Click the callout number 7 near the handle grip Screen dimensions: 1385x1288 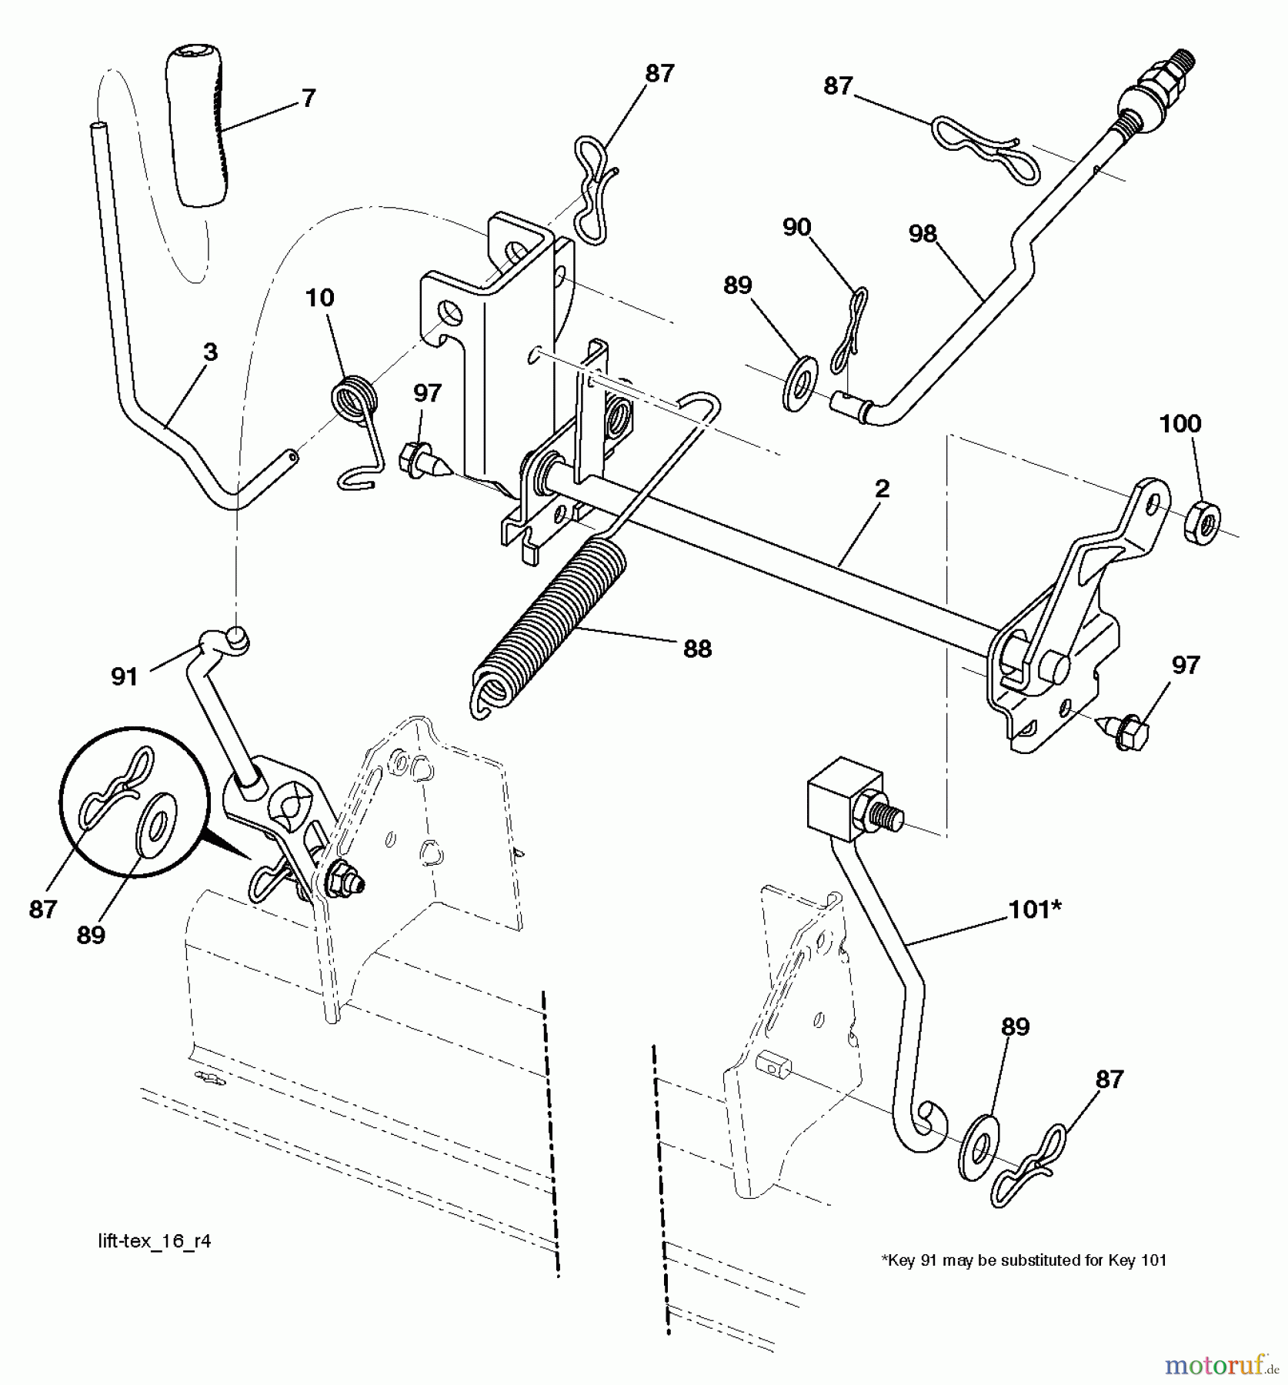pos(308,98)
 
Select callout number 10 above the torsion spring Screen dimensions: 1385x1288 pos(320,298)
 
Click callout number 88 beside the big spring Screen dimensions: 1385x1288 pos(697,649)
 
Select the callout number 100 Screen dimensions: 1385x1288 pos(1180,423)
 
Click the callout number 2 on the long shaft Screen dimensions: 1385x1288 pos(882,489)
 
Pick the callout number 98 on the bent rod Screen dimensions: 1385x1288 pos(923,233)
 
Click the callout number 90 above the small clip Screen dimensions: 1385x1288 pos(796,227)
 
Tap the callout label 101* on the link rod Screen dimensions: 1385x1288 pos(1035,909)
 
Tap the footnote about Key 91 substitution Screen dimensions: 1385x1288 pos(1023,1260)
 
